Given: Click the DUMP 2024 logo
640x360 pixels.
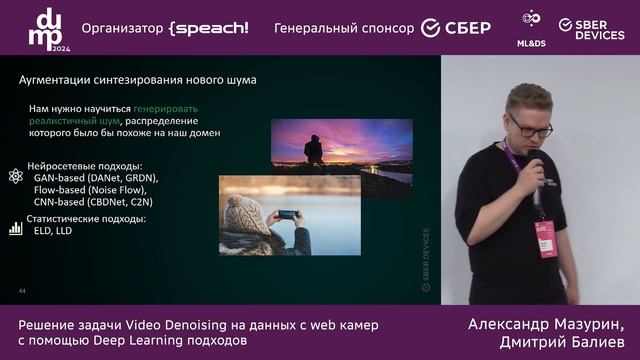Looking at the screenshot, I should point(46,28).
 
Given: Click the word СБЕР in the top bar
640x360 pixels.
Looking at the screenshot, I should point(469,28).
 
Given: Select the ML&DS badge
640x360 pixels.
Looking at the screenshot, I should point(532,26).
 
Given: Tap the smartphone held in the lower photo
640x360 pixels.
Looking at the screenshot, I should point(287,214).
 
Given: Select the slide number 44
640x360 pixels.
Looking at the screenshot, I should point(22,290).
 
